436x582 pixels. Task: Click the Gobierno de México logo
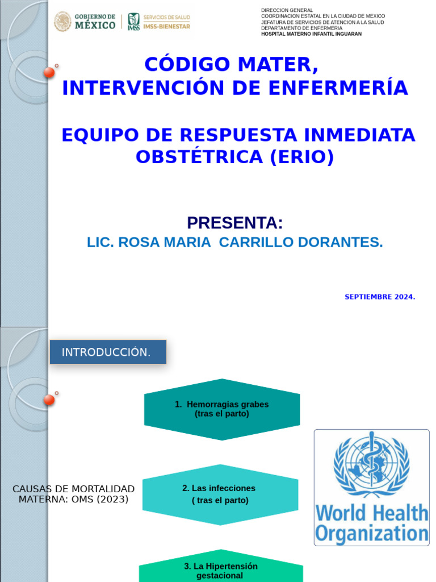[85, 22]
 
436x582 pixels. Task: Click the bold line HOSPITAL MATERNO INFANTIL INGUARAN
[311, 34]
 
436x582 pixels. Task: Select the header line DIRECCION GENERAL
[287, 10]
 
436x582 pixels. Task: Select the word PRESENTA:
[234, 223]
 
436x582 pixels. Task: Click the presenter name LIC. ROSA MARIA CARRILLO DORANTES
[234, 242]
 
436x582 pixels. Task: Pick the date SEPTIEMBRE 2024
[380, 297]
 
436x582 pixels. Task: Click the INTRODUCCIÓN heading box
[108, 352]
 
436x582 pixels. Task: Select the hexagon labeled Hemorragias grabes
[222, 409]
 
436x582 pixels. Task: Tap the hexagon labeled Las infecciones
[220, 494]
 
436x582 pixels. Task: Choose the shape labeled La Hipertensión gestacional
[221, 571]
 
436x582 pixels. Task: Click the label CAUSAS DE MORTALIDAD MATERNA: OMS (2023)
[73, 494]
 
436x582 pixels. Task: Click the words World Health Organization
[372, 523]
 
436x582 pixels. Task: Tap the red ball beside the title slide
[49, 72]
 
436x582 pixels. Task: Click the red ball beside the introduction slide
[49, 400]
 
